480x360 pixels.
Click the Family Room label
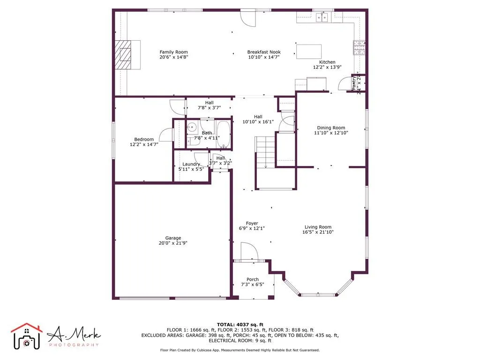point(173,52)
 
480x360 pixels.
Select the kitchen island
point(308,51)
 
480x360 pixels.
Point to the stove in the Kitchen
point(359,47)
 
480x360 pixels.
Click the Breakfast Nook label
point(263,52)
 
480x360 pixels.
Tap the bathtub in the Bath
point(223,134)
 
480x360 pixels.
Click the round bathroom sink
point(192,127)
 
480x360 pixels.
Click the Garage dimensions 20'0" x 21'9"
point(172,243)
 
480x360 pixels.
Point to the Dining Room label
point(331,127)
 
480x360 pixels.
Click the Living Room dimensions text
point(318,232)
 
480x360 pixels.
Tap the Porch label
point(252,279)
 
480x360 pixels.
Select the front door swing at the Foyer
point(249,251)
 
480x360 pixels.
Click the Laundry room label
point(191,164)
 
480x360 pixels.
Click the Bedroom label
point(144,139)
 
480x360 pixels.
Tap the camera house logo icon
point(27,336)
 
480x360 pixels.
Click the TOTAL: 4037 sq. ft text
point(240,324)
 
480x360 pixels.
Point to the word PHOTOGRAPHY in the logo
point(74,345)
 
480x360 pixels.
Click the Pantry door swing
point(344,85)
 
